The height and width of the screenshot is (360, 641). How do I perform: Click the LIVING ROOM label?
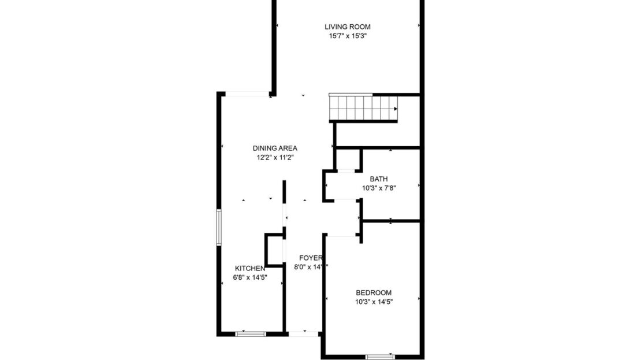(x=347, y=27)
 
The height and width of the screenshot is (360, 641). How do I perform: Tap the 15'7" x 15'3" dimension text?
(x=347, y=36)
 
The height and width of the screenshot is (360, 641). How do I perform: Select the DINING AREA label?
(x=275, y=148)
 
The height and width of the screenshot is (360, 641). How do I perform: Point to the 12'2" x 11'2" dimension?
(x=275, y=157)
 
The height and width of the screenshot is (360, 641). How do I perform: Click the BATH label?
(x=379, y=179)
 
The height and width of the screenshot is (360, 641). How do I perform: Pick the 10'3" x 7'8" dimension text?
(x=379, y=188)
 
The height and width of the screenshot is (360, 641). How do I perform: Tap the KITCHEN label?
(x=250, y=268)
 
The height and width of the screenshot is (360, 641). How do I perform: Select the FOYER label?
(x=310, y=258)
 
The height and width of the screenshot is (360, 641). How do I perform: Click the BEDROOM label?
(x=373, y=292)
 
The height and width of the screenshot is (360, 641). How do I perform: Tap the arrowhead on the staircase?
(x=396, y=109)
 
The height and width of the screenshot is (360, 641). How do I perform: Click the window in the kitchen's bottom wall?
(x=251, y=333)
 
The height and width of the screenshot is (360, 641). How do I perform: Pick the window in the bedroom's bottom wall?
(x=381, y=357)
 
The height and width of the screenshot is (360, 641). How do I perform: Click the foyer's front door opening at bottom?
(x=304, y=333)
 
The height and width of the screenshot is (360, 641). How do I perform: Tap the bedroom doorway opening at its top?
(x=342, y=235)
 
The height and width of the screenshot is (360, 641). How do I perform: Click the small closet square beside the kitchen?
(x=274, y=250)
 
